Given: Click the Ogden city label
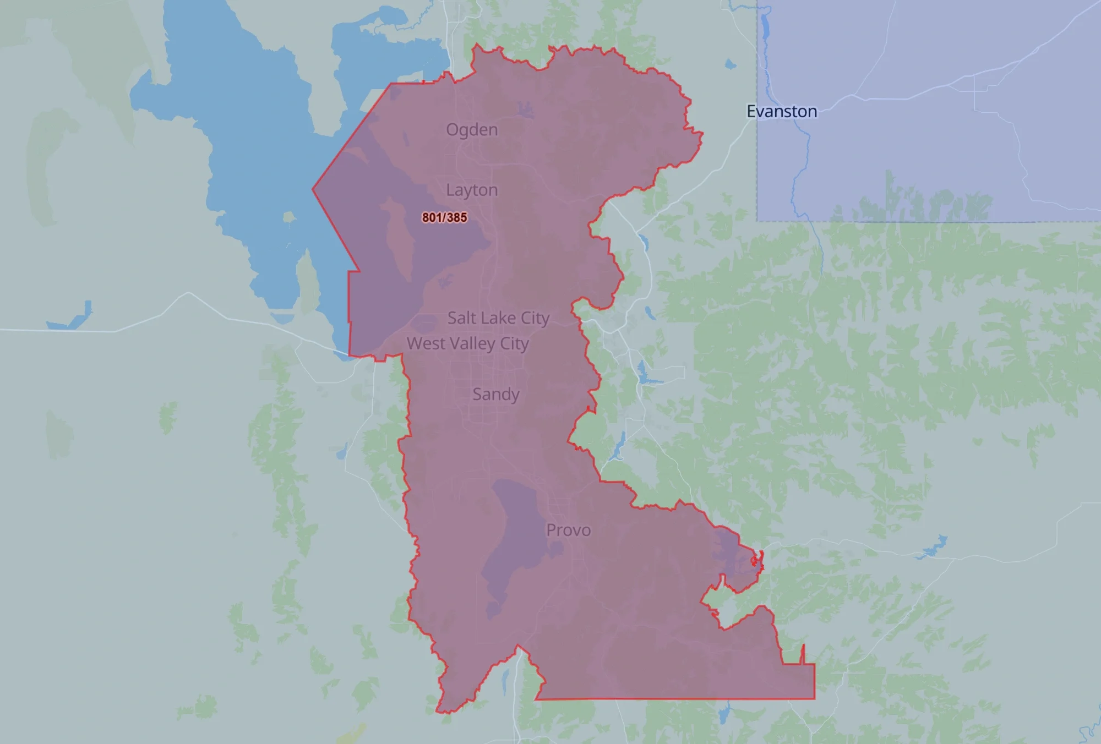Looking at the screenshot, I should click(472, 130).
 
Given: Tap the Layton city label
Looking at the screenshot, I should click(472, 190).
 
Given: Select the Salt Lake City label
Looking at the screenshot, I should click(498, 318).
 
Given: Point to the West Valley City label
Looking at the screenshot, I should click(468, 343).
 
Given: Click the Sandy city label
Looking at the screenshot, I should click(495, 395).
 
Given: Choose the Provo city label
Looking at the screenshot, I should click(568, 530).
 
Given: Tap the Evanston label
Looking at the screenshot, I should click(782, 112).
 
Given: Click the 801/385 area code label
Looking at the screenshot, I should click(445, 217).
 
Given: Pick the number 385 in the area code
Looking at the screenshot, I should click(456, 217).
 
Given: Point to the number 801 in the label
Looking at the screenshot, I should click(433, 217).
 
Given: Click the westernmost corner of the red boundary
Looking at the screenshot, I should click(313, 189).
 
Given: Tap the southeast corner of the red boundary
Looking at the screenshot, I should click(814, 699).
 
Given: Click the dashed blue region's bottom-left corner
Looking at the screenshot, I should click(757, 221).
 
